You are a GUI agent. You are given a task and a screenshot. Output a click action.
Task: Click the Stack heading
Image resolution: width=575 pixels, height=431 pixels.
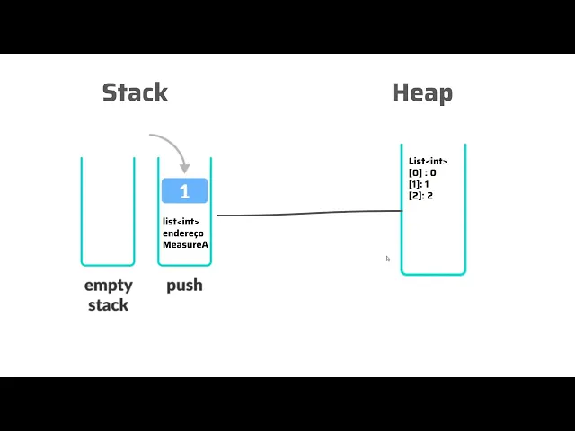point(135,92)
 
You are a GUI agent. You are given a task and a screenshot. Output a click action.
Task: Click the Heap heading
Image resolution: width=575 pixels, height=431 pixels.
point(422,93)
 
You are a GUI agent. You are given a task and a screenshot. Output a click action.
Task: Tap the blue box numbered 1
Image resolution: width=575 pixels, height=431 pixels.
point(184,190)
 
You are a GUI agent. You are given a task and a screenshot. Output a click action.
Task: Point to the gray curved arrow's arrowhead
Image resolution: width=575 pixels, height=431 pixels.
point(185,169)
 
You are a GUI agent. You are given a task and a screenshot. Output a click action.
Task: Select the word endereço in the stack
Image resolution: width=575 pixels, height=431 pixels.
point(183,233)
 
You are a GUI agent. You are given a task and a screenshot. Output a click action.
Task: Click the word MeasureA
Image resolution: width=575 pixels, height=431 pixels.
point(185,244)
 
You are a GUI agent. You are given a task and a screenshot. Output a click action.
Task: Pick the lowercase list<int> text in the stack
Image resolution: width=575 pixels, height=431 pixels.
point(181,222)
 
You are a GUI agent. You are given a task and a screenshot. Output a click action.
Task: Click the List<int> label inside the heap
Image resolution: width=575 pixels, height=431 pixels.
point(428,162)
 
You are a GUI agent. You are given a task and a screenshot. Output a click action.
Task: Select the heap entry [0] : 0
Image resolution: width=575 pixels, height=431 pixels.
point(422,172)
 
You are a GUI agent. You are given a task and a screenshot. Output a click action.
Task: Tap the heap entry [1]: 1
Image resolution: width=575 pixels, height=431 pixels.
point(419,184)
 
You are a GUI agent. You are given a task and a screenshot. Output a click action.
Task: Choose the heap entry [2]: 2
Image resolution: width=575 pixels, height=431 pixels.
point(420,196)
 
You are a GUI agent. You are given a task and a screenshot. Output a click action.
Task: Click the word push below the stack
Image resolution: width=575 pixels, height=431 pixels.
point(184,286)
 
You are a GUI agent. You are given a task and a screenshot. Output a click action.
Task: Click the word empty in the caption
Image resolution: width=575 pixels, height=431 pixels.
point(109,286)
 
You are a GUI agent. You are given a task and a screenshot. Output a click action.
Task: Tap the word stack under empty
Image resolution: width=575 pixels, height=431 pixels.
point(108,305)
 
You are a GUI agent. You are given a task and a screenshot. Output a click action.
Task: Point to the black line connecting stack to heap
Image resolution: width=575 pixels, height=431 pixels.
point(310,213)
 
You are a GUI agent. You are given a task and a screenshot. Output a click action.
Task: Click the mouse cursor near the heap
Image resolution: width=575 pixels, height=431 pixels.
point(388,259)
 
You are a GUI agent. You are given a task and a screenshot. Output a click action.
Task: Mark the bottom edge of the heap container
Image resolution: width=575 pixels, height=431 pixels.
point(433,273)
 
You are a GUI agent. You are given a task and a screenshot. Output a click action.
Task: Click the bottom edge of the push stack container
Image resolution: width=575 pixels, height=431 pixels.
point(184,264)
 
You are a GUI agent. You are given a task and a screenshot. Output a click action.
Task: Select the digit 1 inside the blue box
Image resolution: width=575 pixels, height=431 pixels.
point(184,191)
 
